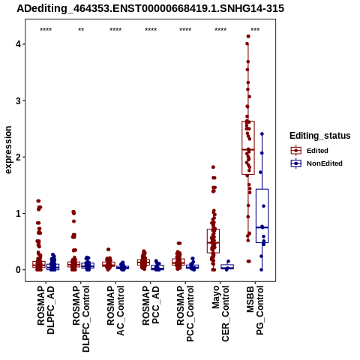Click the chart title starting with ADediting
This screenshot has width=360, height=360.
tap(150, 8)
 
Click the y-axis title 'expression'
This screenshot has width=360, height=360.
tap(8, 150)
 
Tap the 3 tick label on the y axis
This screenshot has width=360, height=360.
tap(18, 100)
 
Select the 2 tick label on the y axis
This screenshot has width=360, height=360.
tap(18, 157)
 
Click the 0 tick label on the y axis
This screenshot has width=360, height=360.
tap(18, 270)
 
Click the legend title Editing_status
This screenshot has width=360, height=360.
tap(320, 136)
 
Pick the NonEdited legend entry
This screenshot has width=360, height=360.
tap(316, 163)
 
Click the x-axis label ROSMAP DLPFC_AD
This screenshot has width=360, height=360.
tap(46, 310)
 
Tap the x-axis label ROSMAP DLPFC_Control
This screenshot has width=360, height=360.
tap(81, 319)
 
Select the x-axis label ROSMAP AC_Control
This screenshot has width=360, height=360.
tap(115, 310)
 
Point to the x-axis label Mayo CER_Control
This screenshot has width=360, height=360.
tap(220, 313)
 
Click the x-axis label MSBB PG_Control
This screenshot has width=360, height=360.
tap(255, 310)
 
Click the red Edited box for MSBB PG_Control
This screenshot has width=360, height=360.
tap(248, 148)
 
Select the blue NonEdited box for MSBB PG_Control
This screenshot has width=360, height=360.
tap(262, 216)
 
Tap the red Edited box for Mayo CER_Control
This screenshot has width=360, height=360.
tap(213, 241)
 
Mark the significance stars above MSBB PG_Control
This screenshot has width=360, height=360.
tap(255, 30)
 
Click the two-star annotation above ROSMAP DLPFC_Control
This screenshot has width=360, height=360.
tap(81, 30)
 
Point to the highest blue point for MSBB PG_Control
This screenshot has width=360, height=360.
tap(262, 134)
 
